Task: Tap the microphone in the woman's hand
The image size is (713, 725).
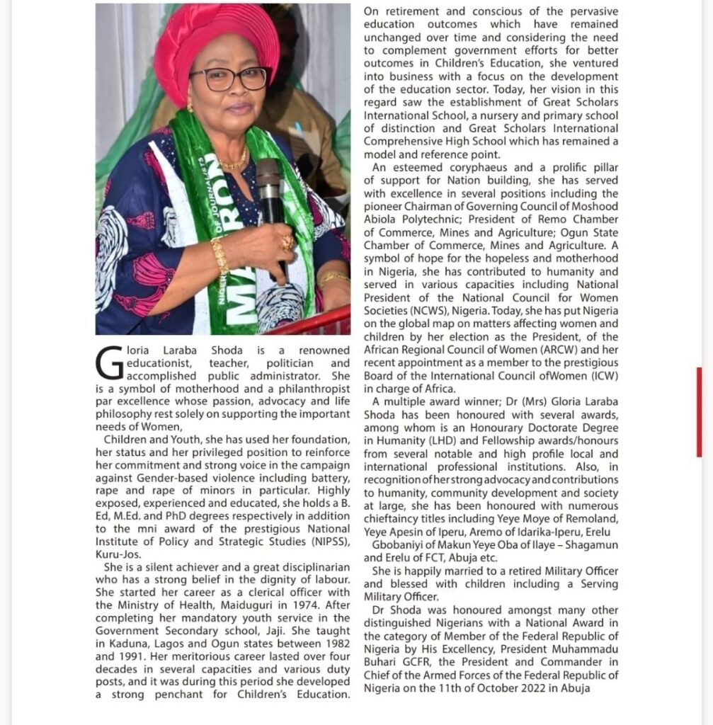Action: (269, 191)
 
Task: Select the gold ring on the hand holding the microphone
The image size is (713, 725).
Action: (287, 242)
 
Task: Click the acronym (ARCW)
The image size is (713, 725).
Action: (556, 350)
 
